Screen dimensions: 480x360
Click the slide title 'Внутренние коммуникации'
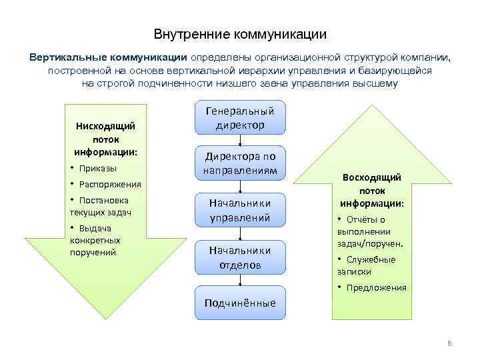[240, 33]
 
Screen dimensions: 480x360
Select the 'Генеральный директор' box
[240, 117]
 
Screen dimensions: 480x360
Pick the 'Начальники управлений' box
[240, 209]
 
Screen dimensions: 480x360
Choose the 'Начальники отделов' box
[240, 257]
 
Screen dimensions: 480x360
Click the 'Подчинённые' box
[240, 303]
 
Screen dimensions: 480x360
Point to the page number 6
[449, 343]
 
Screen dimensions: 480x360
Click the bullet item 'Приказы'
[97, 168]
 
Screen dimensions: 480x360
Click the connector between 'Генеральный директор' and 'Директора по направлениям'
[240, 139]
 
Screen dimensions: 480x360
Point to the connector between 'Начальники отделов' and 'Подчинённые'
[240, 280]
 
